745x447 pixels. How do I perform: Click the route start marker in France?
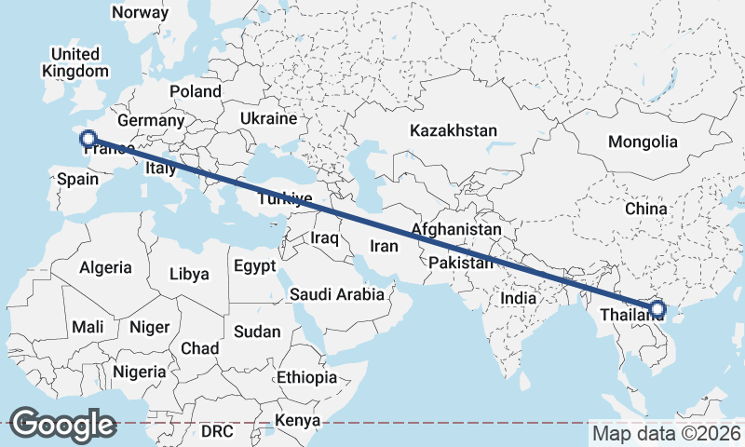point(88,140)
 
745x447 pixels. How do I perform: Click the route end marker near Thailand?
point(657,309)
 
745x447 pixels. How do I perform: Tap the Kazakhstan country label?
point(454,131)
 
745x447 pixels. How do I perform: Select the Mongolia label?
point(642,142)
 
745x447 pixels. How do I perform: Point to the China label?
point(646,209)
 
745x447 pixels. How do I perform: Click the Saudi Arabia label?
point(336,294)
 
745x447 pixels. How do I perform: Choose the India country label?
point(519,298)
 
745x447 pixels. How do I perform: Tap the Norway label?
point(140,13)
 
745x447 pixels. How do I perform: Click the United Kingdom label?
point(75,62)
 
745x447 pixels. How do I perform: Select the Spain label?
point(77,178)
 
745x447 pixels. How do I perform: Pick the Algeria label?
point(105,267)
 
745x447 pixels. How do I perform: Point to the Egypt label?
point(254,266)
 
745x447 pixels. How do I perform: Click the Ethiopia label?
point(306,377)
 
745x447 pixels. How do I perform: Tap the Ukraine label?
point(268,119)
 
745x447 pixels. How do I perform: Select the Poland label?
point(196,91)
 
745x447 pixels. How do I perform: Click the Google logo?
point(62,424)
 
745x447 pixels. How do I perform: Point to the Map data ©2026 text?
point(666,433)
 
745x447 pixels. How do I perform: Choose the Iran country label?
point(384,247)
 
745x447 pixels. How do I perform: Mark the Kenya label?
point(296,421)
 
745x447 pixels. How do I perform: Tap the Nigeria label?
point(140,372)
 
